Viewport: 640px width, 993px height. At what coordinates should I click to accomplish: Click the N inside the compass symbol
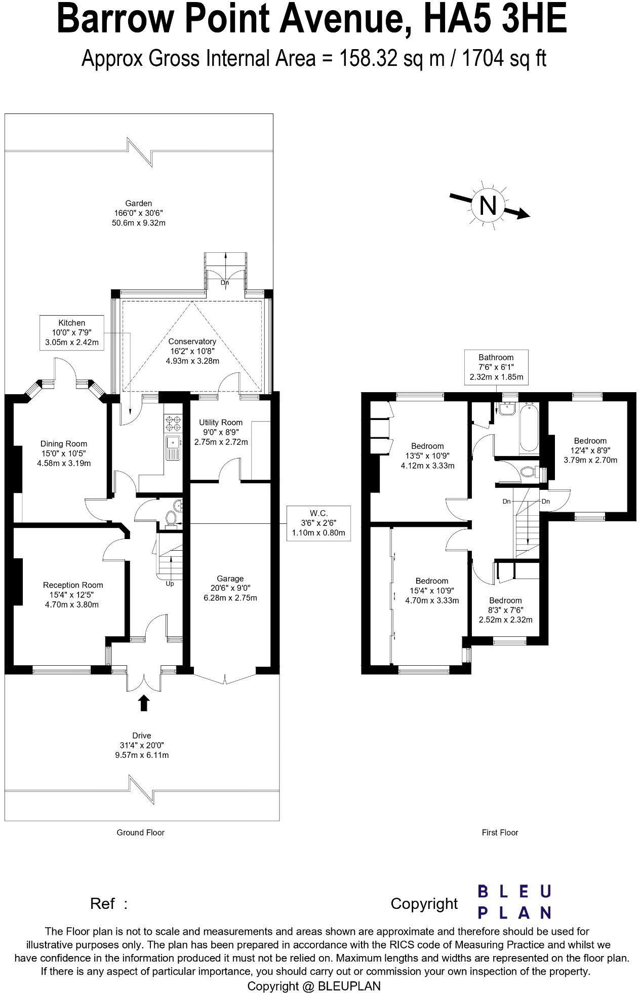click(487, 206)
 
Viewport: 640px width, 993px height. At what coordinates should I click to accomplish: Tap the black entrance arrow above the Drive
click(144, 703)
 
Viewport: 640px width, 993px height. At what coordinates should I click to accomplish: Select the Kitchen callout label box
click(71, 333)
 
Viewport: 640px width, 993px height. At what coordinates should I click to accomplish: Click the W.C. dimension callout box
click(318, 523)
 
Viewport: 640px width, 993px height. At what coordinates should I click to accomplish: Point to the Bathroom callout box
click(496, 367)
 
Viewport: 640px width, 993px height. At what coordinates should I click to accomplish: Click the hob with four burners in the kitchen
click(173, 423)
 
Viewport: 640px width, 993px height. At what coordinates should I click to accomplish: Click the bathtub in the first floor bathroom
click(529, 428)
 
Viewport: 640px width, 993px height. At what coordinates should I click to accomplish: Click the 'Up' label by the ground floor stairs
click(170, 584)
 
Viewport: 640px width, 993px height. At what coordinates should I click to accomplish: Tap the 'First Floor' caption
click(500, 832)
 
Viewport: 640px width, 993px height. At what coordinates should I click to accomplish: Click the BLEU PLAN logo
click(514, 902)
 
